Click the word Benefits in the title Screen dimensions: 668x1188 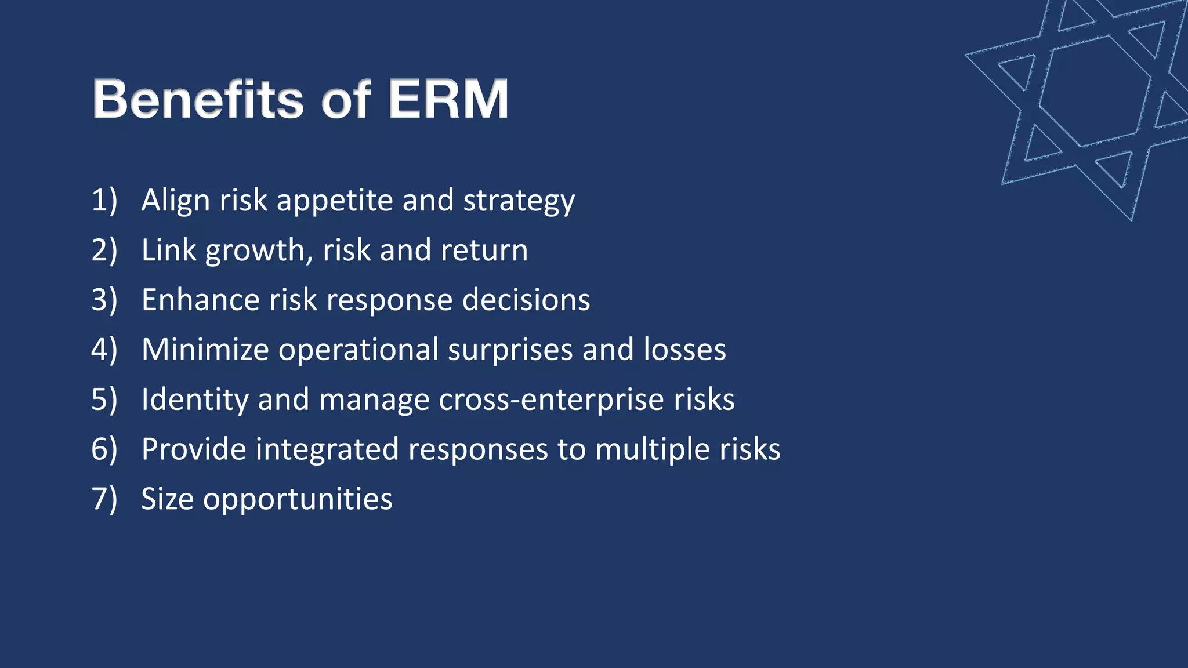tap(197, 100)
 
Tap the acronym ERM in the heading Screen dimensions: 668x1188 tap(448, 100)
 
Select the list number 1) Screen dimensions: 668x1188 tap(104, 201)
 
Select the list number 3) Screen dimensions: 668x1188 tap(104, 300)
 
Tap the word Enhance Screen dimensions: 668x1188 tap(200, 300)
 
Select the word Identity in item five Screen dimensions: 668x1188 tap(194, 400)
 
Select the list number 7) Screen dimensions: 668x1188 tap(104, 499)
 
